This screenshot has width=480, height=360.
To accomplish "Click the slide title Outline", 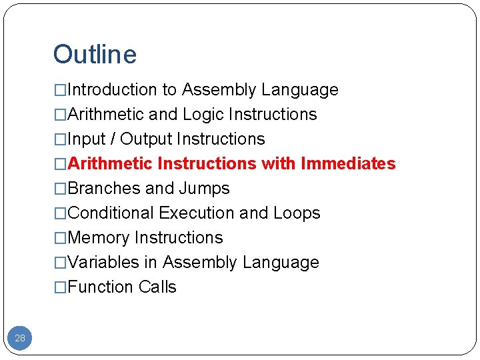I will click(x=95, y=55).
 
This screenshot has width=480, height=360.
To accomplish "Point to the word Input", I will click(x=83, y=139).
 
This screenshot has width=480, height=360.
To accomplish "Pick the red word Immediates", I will click(x=348, y=164).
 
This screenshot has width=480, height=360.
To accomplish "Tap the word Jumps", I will click(x=204, y=189).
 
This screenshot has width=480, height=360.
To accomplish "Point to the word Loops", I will click(x=297, y=213).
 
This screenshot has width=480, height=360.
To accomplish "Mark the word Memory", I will click(x=99, y=238).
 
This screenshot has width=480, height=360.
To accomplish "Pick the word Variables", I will click(x=103, y=263).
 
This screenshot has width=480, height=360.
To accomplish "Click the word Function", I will click(x=101, y=287).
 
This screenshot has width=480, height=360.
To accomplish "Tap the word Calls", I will click(x=158, y=287).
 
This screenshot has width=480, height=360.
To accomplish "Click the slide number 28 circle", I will click(x=20, y=338).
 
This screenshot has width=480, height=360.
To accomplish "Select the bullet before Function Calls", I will click(x=60, y=287).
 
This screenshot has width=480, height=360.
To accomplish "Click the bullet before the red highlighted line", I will click(x=60, y=164).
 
